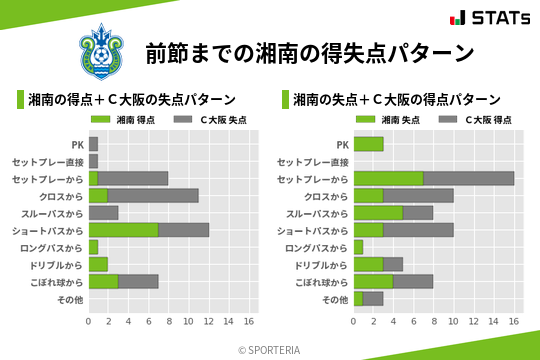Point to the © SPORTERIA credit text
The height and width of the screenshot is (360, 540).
coord(270,349)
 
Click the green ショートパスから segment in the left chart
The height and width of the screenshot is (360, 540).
coord(123,230)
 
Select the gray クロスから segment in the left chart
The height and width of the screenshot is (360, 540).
coord(153,195)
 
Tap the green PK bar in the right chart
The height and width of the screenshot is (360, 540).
coord(368,144)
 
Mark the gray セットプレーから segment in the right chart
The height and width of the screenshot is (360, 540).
coord(468,178)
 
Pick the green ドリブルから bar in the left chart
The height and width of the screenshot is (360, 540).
coord(98,264)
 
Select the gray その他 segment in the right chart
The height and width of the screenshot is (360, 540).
coord(373,298)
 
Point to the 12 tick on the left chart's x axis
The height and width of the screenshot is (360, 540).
coord(208,321)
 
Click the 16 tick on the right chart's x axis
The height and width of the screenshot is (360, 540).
coord(513,321)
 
